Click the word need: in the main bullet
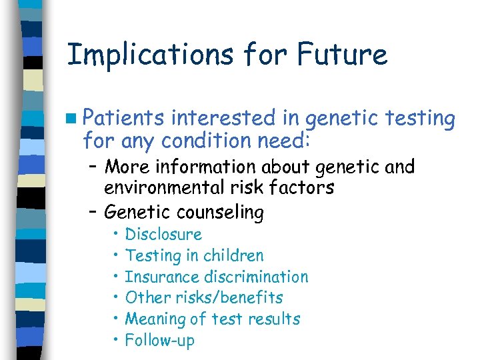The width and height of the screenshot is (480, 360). click(290, 141)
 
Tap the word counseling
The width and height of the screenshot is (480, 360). click(220, 213)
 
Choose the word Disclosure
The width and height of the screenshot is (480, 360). click(163, 234)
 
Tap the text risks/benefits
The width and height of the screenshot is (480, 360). click(228, 298)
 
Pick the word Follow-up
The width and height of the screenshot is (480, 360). click(160, 341)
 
